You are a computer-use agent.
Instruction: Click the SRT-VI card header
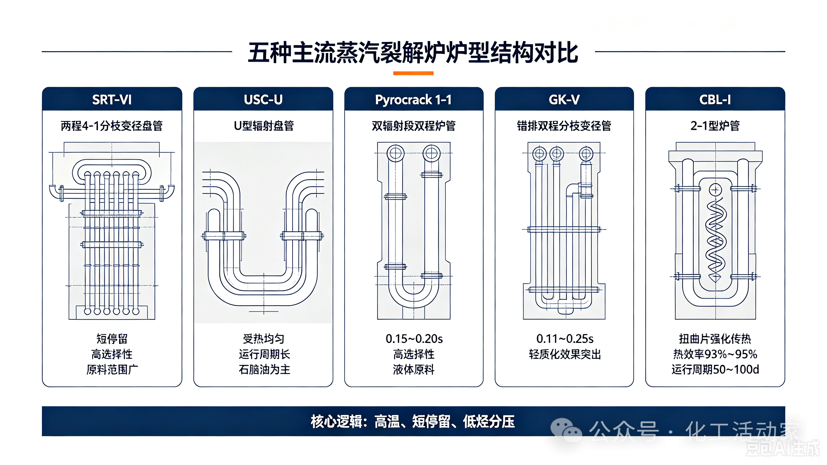click(112, 100)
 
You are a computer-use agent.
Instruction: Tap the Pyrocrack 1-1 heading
click(413, 100)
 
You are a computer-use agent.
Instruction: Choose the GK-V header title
click(564, 100)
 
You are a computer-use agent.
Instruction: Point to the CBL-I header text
click(715, 100)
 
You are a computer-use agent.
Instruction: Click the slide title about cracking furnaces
click(413, 52)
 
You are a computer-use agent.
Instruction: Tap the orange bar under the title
click(413, 73)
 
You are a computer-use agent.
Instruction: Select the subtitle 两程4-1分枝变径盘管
click(112, 126)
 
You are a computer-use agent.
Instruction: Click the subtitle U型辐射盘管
click(264, 126)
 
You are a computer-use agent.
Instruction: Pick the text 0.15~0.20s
click(414, 339)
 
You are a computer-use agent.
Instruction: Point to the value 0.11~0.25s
click(565, 339)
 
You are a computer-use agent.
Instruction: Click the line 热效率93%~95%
click(715, 354)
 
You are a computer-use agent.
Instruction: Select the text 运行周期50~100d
click(715, 370)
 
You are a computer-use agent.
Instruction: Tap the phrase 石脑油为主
click(264, 370)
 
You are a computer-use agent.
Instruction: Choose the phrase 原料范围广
click(112, 370)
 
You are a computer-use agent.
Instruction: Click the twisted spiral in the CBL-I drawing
click(715, 240)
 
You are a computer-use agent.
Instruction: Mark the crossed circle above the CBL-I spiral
click(715, 190)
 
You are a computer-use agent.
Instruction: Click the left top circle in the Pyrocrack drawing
click(395, 153)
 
